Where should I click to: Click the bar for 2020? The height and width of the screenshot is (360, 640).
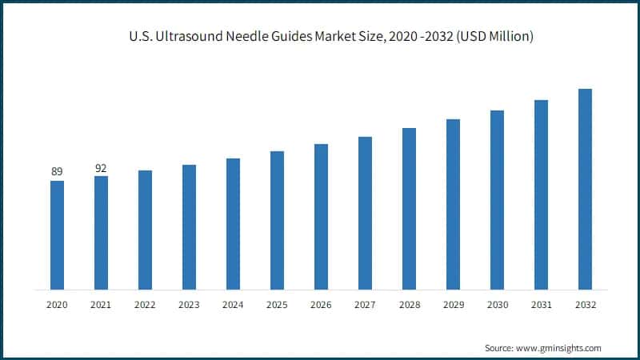coord(57,234)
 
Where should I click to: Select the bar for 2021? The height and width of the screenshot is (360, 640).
coord(101,232)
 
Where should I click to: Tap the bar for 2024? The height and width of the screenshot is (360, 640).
coord(233,223)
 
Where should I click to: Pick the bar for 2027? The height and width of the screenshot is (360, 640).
coord(365,213)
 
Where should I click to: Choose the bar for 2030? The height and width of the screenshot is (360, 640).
coord(497,199)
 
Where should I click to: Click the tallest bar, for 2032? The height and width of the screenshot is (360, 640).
coord(585,189)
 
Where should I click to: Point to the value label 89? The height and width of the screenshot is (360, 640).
coord(57,172)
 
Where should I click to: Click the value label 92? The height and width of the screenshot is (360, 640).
coord(101,168)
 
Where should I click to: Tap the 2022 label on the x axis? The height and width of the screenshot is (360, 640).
coord(145,305)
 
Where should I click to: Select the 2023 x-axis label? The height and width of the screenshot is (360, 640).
coord(189,305)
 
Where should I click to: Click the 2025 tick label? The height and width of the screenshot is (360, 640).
coord(277,305)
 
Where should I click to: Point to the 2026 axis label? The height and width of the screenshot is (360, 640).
coord(321,305)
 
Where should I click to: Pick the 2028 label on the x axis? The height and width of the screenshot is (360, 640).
coord(409,305)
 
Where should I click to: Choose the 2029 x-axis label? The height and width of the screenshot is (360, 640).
coord(453,305)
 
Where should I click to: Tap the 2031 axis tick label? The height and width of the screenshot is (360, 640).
coord(541,305)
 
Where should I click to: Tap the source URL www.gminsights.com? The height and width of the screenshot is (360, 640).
coord(561,348)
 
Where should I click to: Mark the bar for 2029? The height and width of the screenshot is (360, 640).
coord(453,204)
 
